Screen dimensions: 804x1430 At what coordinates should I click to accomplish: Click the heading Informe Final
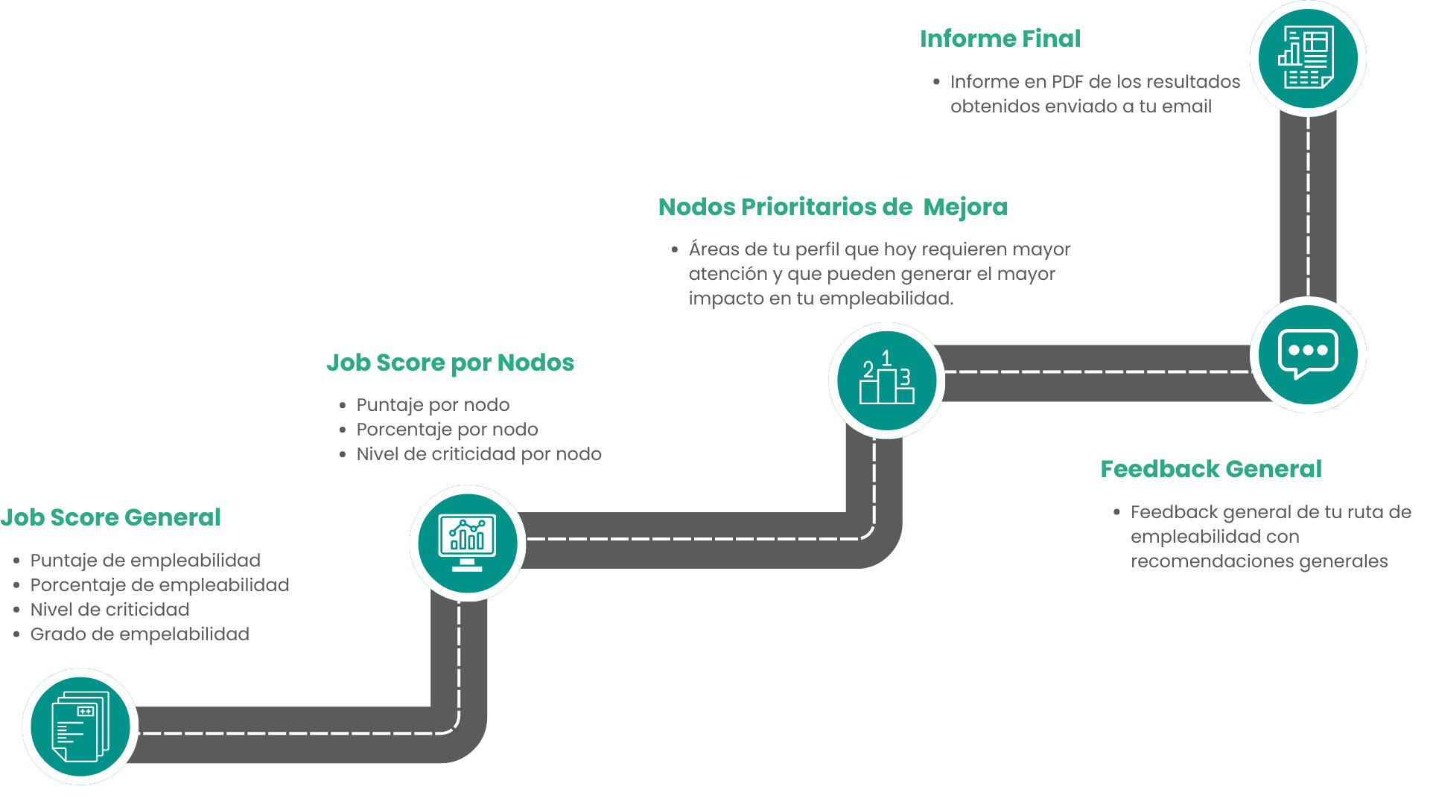point(1000,39)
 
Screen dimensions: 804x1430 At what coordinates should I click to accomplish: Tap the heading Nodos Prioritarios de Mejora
point(833,207)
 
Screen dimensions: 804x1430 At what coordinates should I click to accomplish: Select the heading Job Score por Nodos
point(450,363)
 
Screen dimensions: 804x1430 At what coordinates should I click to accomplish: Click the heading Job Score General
point(110,517)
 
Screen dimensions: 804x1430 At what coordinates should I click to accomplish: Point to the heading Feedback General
point(1211,469)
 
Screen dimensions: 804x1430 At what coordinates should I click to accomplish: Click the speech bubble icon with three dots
point(1308,354)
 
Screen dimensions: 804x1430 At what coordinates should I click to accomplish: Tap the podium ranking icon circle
point(886,380)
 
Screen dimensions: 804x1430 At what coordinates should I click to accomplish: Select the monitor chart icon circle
point(468,543)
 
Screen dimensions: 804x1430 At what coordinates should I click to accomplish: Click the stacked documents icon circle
point(80,727)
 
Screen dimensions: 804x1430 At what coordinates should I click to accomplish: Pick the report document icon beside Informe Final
point(1307,58)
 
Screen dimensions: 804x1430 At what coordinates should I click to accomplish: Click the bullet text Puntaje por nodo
point(433,405)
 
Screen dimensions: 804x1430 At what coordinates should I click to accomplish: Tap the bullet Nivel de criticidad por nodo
point(479,454)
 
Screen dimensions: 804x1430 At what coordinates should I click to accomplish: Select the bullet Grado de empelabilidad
point(140,634)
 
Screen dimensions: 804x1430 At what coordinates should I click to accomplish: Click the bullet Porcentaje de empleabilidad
point(159,585)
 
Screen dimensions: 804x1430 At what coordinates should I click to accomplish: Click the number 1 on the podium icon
point(886,359)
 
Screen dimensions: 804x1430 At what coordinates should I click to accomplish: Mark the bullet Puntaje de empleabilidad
point(145,561)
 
